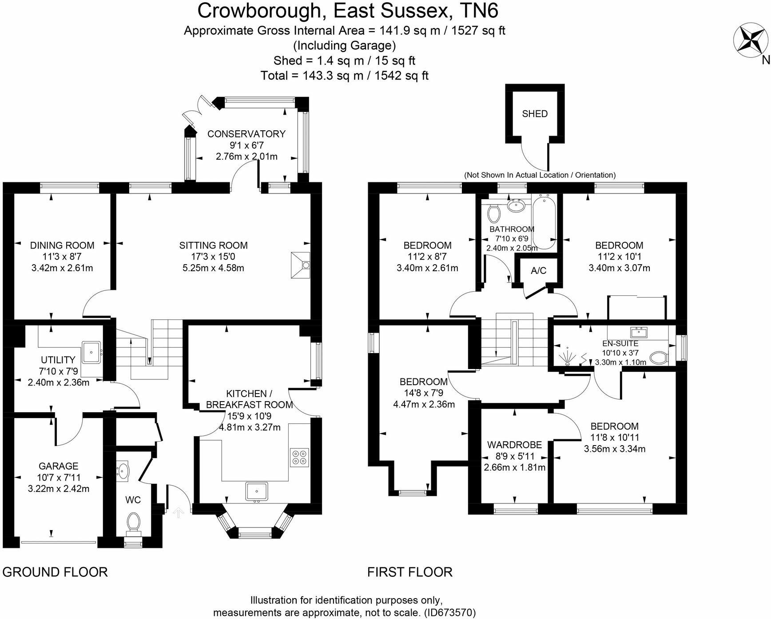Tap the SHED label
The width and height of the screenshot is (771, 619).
(535, 114)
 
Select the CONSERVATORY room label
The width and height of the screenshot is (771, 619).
(246, 134)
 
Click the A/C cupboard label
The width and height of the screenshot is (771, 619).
(538, 271)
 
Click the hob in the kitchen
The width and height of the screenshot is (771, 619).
(300, 458)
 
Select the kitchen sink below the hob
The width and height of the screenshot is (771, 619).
(257, 491)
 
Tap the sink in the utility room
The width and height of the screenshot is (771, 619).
(92, 353)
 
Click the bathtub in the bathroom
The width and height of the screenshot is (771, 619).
(544, 222)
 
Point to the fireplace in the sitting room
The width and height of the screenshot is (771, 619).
(300, 265)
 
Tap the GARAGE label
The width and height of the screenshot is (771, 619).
(59, 466)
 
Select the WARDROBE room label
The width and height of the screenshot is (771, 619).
(515, 445)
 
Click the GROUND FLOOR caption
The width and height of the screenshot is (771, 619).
(55, 572)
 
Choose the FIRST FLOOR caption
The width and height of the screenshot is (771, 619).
(410, 572)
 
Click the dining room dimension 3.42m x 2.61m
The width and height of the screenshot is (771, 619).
(62, 268)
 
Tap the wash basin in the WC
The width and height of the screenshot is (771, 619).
(123, 472)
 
